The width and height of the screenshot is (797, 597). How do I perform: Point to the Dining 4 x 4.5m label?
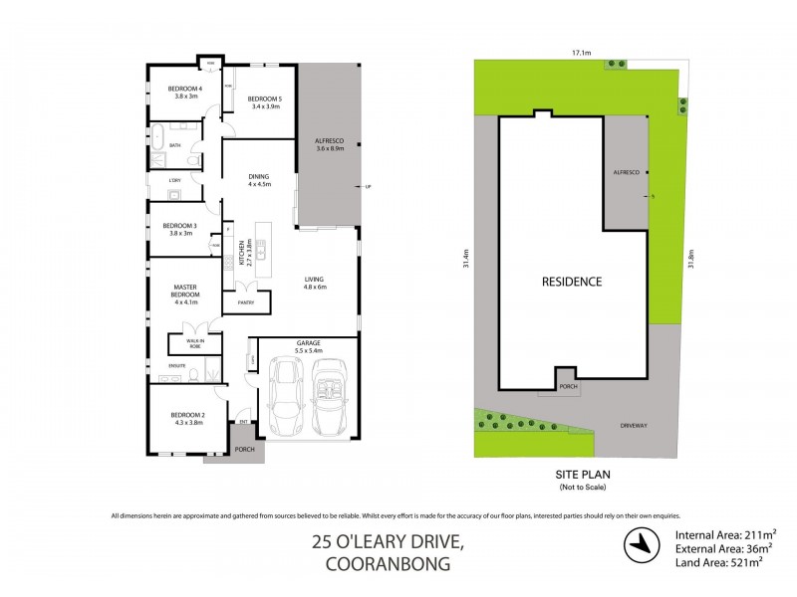click(259, 180)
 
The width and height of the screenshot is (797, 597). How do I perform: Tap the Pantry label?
click(245, 302)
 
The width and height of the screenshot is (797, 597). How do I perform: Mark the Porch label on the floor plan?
click(244, 450)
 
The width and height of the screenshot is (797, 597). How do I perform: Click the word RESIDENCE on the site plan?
click(571, 282)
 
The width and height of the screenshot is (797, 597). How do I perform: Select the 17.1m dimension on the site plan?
click(582, 53)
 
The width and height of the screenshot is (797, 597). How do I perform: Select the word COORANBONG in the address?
click(388, 563)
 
